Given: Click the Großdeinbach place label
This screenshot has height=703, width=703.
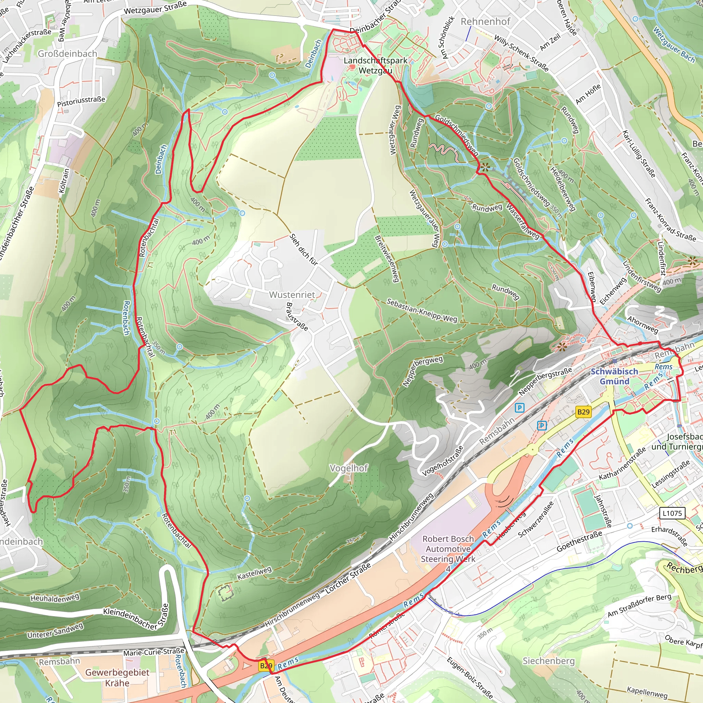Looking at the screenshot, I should (x=67, y=54).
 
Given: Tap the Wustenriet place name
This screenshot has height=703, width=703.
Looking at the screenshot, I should (x=292, y=295).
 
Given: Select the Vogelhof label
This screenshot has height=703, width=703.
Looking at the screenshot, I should (x=349, y=468).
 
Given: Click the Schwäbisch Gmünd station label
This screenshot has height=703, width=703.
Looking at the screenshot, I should (x=614, y=376).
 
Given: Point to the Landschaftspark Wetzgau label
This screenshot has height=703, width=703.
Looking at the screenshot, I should (x=375, y=66).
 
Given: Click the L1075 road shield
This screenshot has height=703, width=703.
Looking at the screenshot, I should (x=672, y=514).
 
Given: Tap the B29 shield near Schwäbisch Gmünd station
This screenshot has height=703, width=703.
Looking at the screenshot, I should (x=583, y=412).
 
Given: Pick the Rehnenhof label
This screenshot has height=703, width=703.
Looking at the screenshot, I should (x=485, y=22).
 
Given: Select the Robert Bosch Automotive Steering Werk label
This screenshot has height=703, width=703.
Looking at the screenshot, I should (x=448, y=549).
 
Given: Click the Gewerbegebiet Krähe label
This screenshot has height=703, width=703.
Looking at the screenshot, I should (x=117, y=678).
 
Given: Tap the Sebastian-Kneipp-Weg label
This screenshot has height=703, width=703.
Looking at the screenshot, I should (x=422, y=310).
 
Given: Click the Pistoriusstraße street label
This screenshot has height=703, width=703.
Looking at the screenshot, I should (x=81, y=102).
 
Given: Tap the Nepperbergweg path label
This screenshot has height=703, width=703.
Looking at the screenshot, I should (x=423, y=371).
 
